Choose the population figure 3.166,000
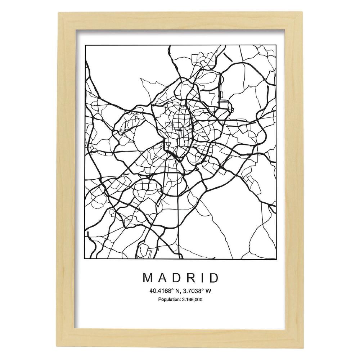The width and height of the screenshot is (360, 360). coord(191,299)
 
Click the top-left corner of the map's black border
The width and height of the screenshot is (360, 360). coord(85,46)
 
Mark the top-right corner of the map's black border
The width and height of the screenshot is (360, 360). coord(276,46)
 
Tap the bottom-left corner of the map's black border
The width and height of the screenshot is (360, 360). coord(85,258)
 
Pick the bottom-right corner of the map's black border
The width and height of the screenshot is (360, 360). coord(276,258)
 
